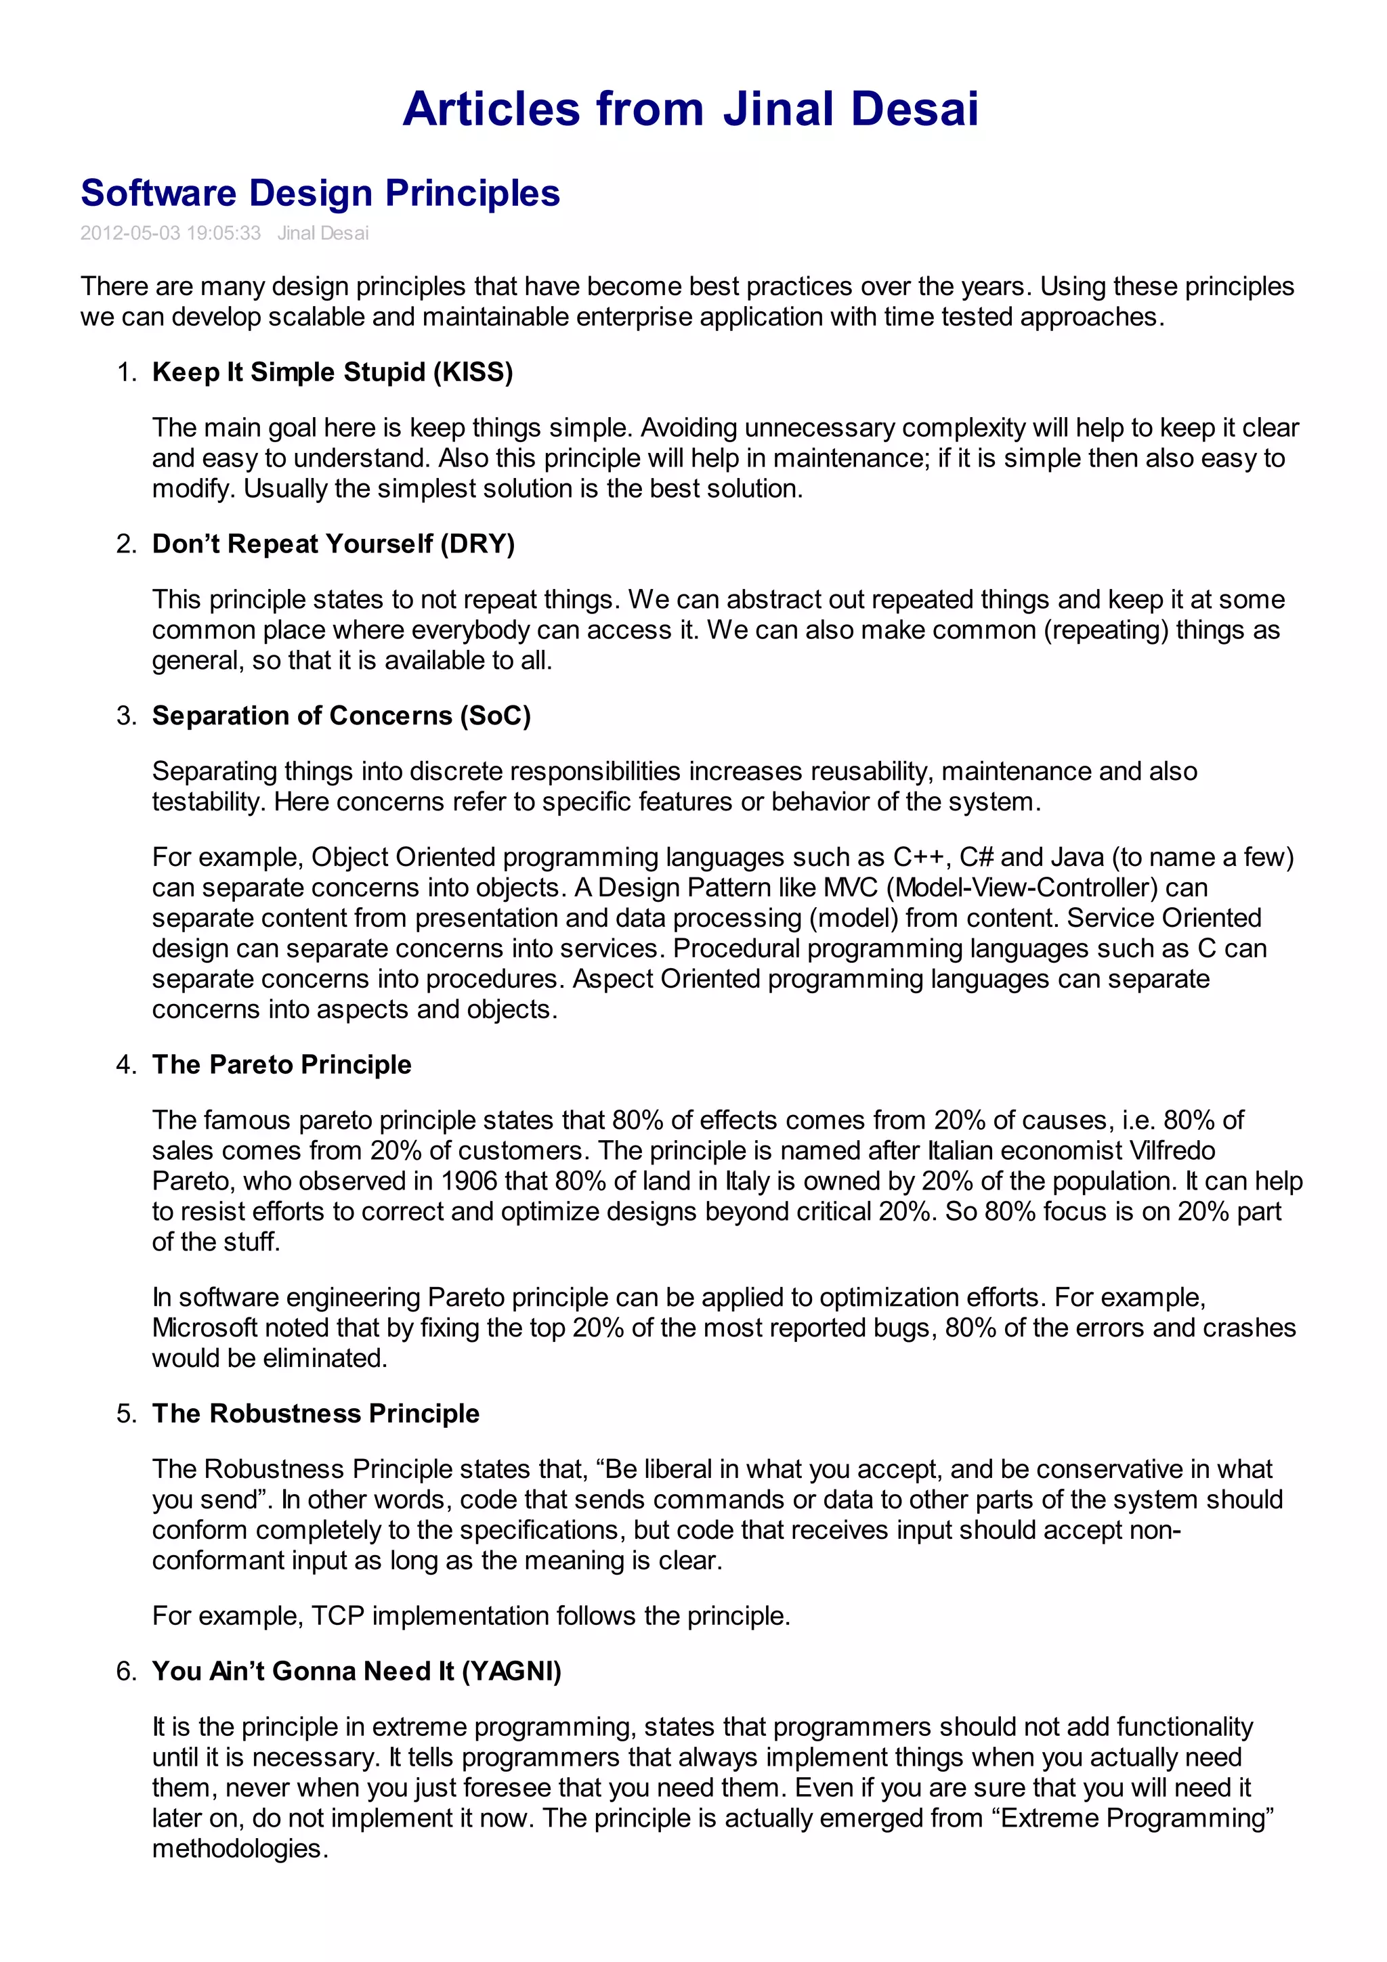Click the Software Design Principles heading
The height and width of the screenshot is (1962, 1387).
[320, 193]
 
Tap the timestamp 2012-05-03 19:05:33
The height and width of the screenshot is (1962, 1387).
[170, 234]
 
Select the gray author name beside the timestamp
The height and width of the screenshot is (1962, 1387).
[323, 234]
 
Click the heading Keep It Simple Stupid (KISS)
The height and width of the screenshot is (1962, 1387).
[333, 372]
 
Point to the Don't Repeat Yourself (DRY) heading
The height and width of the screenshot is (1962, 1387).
[333, 544]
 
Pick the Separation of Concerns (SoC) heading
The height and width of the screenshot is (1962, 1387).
[341, 715]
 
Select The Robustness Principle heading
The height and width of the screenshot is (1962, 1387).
[316, 1414]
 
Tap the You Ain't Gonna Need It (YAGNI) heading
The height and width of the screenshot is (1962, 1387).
[356, 1671]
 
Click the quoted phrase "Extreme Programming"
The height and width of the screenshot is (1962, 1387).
[1133, 1818]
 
